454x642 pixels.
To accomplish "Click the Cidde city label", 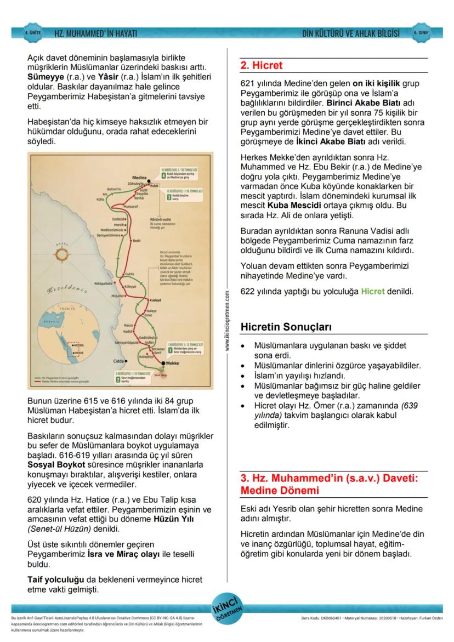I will click(118, 361).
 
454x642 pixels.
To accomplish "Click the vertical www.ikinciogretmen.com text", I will click(227, 321).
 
